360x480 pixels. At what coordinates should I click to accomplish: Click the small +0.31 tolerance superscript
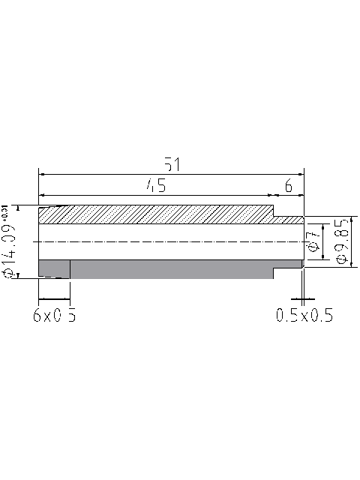[7, 212]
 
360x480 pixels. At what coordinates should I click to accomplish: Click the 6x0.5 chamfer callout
[55, 316]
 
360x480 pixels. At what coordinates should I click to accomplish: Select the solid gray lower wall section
[165, 269]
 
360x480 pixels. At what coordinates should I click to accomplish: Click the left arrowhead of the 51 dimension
[42, 173]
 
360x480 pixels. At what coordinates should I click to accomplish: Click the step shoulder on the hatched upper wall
[274, 213]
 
